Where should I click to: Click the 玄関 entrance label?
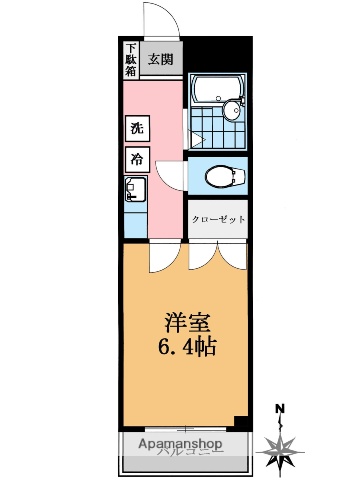tap(161, 59)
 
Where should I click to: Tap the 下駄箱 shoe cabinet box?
tap(131, 58)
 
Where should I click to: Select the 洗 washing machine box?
tap(135, 129)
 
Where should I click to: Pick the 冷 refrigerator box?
tap(135, 159)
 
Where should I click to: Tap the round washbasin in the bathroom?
tap(232, 111)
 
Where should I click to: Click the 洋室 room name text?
tap(185, 324)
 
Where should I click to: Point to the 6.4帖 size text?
tap(185, 347)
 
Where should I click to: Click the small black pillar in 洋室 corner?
tap(240, 420)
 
